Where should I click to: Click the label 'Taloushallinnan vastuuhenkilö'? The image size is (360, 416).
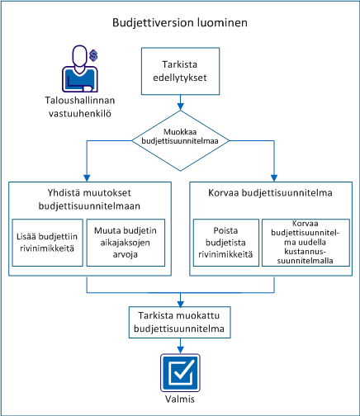[x=80, y=108]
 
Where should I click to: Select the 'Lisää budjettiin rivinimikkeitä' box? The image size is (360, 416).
[x=48, y=237]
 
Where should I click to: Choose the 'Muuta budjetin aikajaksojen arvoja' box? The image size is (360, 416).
[x=124, y=237]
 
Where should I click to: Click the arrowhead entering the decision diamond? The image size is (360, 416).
[x=179, y=106]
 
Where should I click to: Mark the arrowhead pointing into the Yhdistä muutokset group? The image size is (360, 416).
[x=87, y=176]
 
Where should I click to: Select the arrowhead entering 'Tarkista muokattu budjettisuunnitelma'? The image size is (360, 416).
[x=179, y=304]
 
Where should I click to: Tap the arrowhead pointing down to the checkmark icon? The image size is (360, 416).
[x=179, y=352]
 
